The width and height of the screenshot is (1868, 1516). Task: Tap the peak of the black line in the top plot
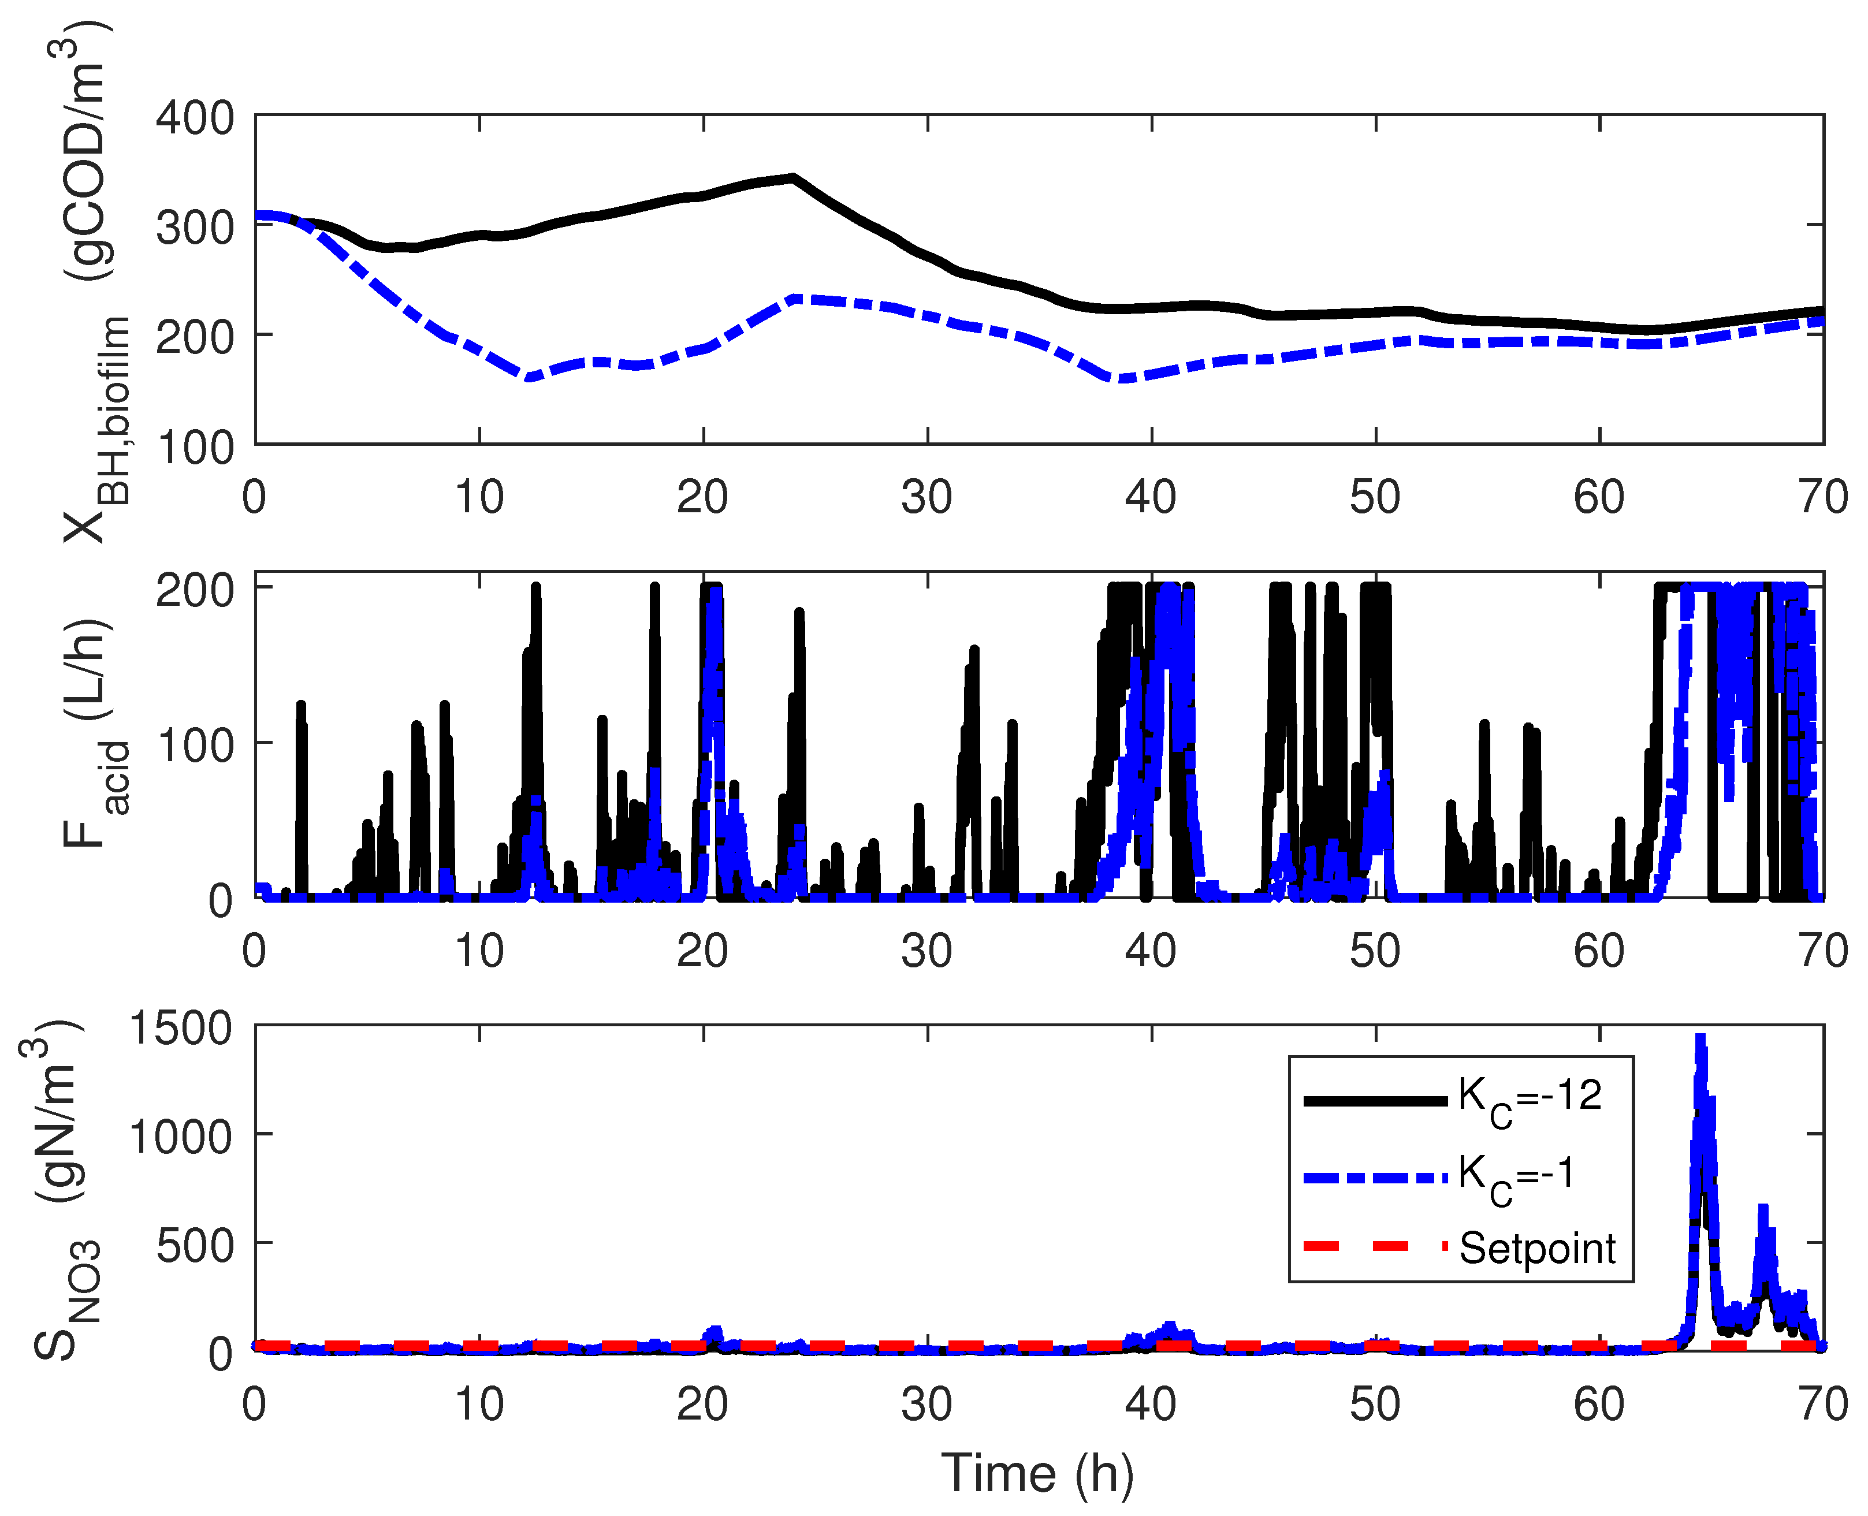point(792,177)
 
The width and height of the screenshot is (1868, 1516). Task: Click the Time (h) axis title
point(1037,1473)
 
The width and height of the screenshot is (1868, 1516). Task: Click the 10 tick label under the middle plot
point(479,951)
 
